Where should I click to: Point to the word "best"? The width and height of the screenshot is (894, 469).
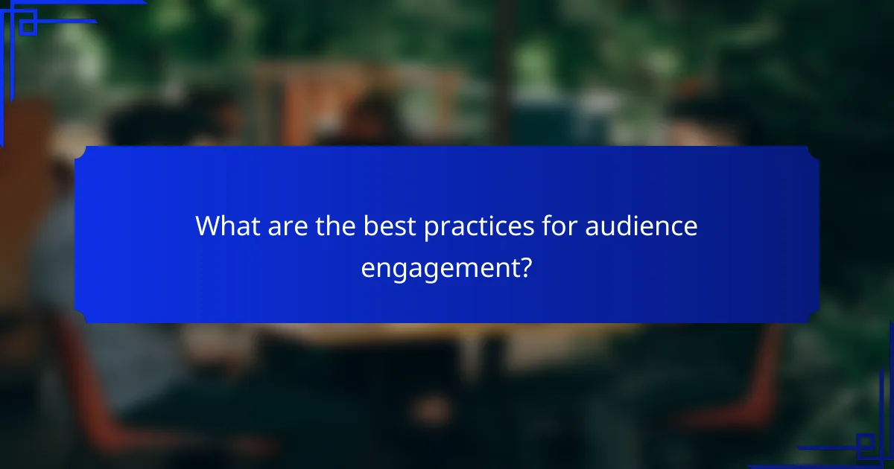[390, 227]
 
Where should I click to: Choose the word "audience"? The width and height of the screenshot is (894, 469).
[641, 227]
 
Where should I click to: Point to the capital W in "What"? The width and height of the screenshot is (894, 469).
[207, 227]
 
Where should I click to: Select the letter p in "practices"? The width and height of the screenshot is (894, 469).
[431, 229]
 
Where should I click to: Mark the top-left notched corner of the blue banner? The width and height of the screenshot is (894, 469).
[80, 152]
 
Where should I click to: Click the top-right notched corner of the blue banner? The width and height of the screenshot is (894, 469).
[814, 152]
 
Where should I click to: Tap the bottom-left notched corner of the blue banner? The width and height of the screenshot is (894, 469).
[80, 318]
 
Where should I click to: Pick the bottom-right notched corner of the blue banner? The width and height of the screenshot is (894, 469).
[814, 318]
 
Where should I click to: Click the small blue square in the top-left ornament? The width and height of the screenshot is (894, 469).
[28, 27]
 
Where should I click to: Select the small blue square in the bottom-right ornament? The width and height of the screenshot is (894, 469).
[866, 446]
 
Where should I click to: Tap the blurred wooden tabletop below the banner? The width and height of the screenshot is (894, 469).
[447, 335]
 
